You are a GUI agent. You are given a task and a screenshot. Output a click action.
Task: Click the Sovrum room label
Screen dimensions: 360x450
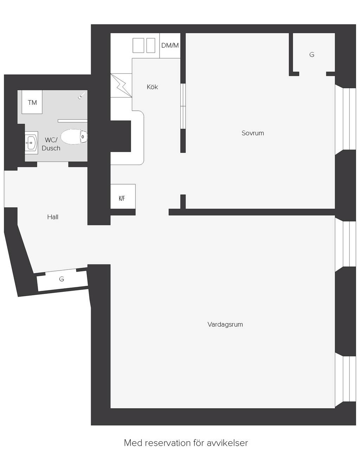[253, 133]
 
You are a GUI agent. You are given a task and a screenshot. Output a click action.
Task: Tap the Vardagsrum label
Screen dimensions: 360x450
[225, 324]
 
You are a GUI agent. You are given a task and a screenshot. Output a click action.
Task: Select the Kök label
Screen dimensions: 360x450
[152, 87]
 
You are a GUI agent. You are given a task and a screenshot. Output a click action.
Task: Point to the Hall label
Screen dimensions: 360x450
[53, 217]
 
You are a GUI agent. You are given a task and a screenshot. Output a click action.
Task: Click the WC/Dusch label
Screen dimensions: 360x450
[51, 144]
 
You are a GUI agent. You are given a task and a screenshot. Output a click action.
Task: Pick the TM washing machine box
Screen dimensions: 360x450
[32, 102]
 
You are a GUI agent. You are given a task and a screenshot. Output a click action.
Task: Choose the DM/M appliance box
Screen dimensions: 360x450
[170, 45]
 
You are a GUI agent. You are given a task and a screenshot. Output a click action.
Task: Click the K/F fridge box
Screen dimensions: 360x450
[123, 197]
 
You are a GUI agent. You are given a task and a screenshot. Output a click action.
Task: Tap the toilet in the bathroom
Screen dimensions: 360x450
[74, 137]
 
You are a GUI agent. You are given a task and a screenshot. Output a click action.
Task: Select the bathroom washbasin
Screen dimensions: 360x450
[31, 143]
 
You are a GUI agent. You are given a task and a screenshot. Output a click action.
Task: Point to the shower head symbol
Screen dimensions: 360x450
[82, 96]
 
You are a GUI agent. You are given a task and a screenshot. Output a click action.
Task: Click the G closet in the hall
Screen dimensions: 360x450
[62, 279]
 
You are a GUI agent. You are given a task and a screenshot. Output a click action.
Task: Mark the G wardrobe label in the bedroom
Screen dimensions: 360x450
[312, 54]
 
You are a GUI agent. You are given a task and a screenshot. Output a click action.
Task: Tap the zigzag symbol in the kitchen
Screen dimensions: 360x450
[121, 85]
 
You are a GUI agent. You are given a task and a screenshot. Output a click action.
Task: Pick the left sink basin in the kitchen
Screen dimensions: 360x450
[138, 45]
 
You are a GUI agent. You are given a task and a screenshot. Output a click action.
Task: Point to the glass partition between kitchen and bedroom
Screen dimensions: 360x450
[183, 106]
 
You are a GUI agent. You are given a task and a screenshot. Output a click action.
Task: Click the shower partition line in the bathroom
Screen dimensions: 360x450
[72, 121]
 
